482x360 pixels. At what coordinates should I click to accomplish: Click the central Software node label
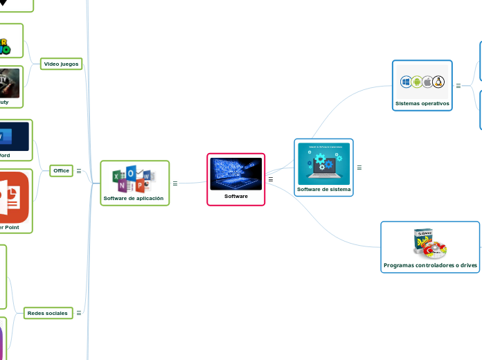(236, 196)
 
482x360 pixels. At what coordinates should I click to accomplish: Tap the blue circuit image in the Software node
(236, 174)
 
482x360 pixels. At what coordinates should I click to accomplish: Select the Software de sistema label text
(323, 189)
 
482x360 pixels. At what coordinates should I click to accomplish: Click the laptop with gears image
(323, 163)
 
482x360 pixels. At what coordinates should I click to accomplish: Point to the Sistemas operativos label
(422, 103)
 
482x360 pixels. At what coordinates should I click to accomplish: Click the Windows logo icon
(407, 82)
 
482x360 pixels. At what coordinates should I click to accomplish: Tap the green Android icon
(417, 82)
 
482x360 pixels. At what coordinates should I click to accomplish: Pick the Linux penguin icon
(438, 82)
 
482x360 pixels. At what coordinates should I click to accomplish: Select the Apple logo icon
(427, 82)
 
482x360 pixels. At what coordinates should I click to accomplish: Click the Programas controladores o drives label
(430, 265)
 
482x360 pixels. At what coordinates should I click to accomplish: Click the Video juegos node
(61, 64)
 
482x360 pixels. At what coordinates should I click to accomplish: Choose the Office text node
(62, 170)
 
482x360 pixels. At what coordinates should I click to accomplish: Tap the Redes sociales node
(47, 313)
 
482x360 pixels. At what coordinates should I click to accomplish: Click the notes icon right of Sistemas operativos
(458, 86)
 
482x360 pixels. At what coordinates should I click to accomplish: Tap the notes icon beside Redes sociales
(79, 313)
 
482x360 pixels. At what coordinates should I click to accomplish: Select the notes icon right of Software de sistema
(359, 168)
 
